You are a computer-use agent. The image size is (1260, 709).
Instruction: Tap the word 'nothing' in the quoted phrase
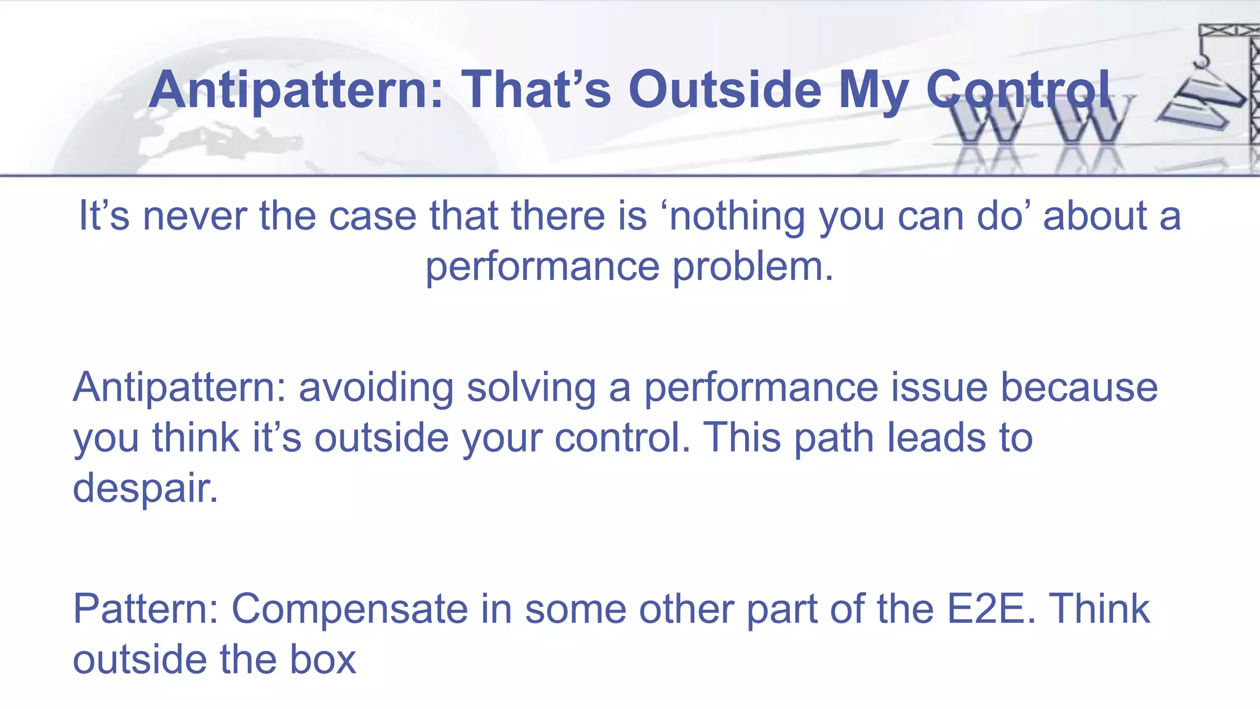[736, 217]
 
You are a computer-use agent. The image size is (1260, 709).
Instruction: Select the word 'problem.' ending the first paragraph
[753, 267]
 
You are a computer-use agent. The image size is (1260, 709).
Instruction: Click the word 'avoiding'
[377, 388]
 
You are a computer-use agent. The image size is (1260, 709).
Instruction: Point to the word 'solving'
[531, 388]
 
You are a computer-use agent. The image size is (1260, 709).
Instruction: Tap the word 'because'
[1079, 388]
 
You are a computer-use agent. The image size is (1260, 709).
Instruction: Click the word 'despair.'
[146, 488]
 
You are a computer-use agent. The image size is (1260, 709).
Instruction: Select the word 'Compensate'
[349, 609]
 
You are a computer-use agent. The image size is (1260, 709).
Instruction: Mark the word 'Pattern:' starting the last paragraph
[146, 609]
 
